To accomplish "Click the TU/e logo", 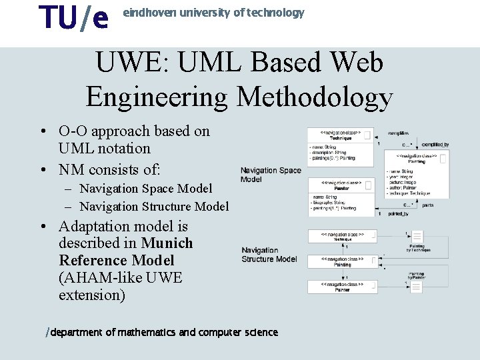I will tap(73, 18).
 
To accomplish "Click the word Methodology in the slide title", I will tap(315, 97).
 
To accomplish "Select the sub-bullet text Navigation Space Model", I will tap(146, 189).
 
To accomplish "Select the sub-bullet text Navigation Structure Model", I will tap(154, 207).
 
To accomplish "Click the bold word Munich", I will tap(167, 243).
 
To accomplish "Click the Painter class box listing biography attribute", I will tap(341, 196).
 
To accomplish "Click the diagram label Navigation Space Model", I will tap(270, 175).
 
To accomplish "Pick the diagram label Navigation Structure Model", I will tap(269, 255).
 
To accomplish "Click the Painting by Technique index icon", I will tap(417, 237).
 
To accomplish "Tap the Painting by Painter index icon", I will tap(416, 287).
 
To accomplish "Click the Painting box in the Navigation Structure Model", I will tap(342, 262).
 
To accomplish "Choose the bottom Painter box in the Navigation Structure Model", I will tap(342, 287).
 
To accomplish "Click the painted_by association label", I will tap(398, 214).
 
